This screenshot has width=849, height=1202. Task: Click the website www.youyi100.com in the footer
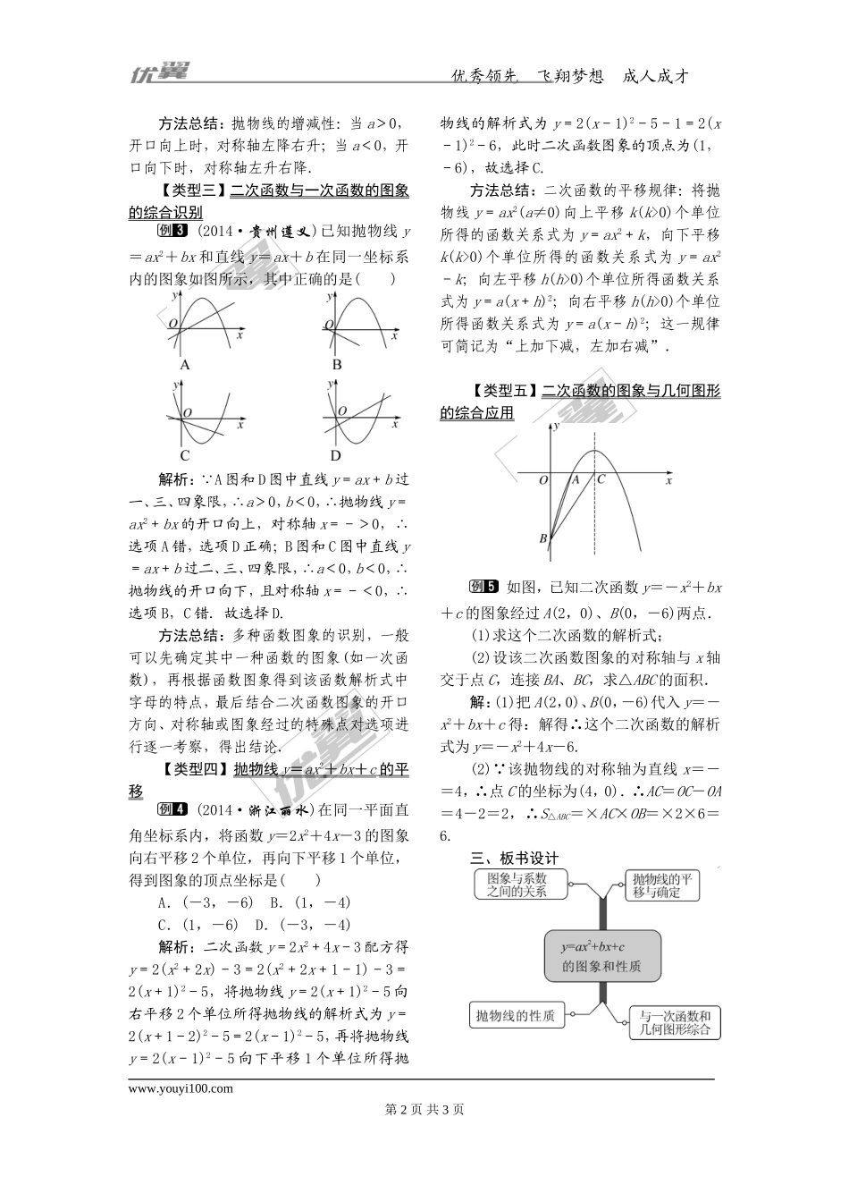[181, 1088]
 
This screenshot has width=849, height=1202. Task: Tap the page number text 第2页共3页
[424, 1110]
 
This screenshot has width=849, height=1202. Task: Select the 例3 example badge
[172, 231]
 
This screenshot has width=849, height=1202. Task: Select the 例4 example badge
[172, 809]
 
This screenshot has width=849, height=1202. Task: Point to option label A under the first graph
[185, 365]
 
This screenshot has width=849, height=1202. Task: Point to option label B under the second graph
[337, 365]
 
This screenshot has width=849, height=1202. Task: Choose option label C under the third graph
[185, 454]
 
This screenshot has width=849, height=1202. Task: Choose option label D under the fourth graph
[337, 454]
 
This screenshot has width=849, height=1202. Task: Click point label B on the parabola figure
[542, 538]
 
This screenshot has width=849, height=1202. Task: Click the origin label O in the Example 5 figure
[542, 480]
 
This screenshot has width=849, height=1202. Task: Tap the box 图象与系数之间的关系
[517, 885]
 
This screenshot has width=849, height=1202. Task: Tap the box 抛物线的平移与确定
[662, 885]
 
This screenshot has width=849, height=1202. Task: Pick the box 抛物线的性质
[516, 1015]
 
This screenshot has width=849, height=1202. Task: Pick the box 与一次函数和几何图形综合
[675, 1022]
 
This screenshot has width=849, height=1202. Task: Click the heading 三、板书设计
[515, 858]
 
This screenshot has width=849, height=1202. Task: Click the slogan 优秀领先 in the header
[485, 77]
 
